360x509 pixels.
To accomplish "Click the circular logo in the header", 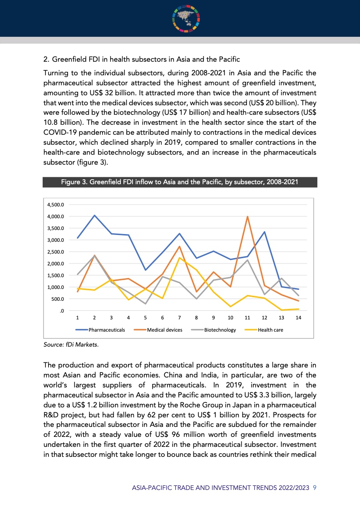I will (x=186, y=18).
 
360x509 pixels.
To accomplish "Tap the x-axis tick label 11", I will (x=247, y=318).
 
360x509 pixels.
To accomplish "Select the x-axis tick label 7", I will (x=179, y=318).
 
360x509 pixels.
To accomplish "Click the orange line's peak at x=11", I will (x=247, y=216).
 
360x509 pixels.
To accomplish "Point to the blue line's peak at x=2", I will (x=94, y=215).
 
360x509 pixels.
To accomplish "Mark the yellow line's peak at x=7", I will (x=179, y=258).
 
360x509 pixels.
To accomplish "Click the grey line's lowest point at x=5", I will (x=145, y=303).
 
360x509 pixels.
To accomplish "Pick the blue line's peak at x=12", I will (x=264, y=232).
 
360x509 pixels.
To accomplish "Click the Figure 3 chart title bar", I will (x=180, y=182).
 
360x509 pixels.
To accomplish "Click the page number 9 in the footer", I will (x=315, y=488).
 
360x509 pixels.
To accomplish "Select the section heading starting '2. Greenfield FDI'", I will (x=141, y=59).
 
